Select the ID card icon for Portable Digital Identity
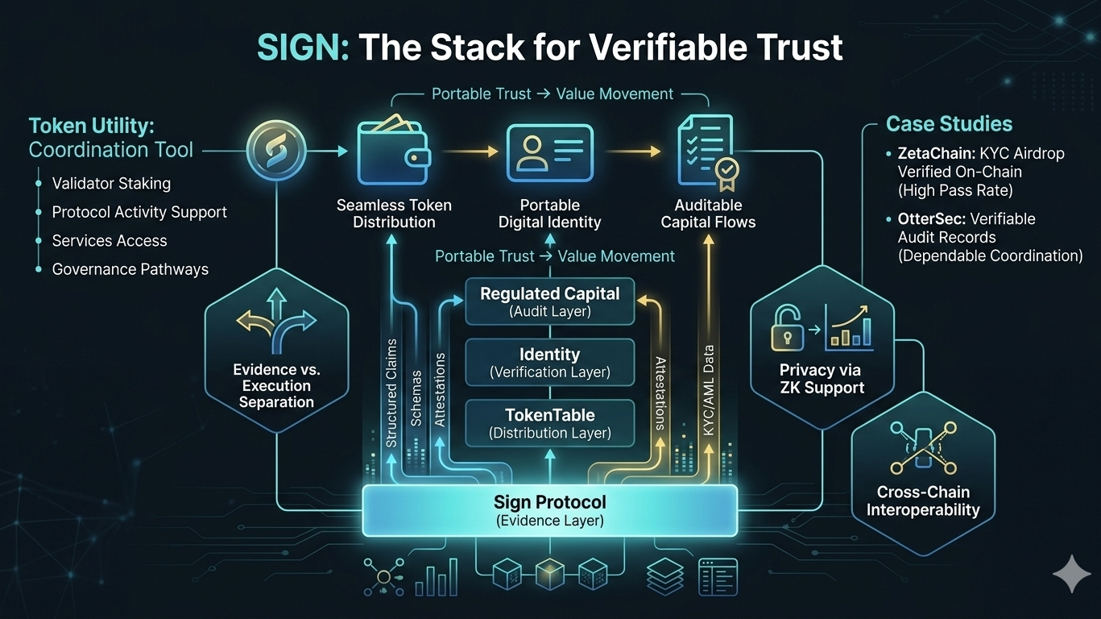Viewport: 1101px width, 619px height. pos(550,151)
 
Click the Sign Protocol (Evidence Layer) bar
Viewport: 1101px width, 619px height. pos(550,511)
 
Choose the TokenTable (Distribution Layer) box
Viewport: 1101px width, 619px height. pos(550,423)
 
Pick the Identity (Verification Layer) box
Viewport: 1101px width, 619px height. pos(550,362)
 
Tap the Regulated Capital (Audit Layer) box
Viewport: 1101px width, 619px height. pos(550,301)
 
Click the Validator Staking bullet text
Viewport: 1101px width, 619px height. pos(111,184)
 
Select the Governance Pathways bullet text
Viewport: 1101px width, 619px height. pos(130,269)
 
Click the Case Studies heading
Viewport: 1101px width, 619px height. pos(949,124)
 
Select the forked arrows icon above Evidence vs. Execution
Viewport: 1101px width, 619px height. pos(276,324)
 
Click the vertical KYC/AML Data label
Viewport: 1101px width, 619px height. pos(709,391)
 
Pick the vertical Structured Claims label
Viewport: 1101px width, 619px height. pos(391,393)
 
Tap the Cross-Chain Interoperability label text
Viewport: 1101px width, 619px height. pos(923,501)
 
